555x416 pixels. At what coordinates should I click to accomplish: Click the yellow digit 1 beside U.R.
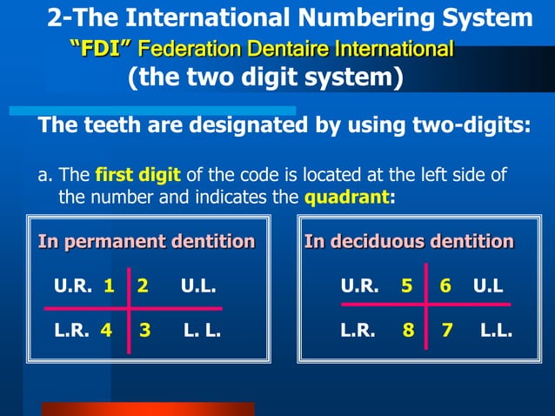point(109,286)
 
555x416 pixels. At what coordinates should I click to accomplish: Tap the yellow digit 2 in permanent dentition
point(143,286)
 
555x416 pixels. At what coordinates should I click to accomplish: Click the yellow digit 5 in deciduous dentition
point(406,286)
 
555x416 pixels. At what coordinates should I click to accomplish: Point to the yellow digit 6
point(445,286)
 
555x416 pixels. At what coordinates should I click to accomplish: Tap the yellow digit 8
point(407,332)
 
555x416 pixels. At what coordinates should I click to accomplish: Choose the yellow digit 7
point(446,332)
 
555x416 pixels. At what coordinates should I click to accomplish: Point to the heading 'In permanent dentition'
point(146,241)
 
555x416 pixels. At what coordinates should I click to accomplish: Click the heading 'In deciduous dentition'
point(409,241)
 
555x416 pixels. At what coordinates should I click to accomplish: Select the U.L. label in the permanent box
point(198,286)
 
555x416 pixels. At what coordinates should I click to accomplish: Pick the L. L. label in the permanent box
point(203,332)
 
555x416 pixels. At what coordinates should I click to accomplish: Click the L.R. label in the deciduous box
point(358,332)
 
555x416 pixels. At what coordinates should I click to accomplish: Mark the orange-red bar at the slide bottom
point(148,409)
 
